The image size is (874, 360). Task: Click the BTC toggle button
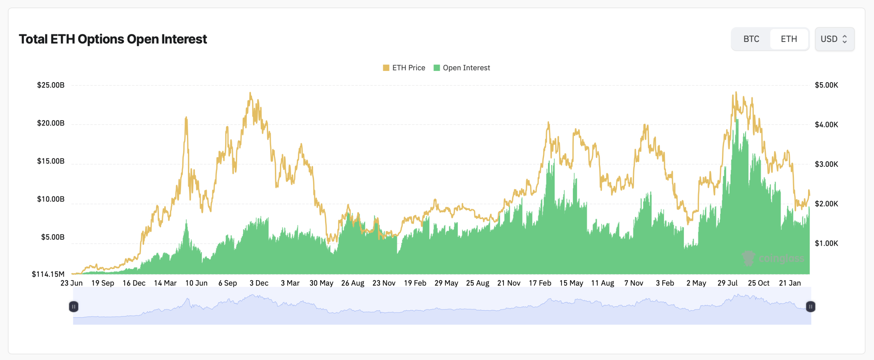(x=751, y=39)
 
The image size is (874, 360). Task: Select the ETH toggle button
(x=789, y=39)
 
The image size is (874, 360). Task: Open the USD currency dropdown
(x=834, y=39)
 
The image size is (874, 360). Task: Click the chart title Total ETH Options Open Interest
(x=113, y=39)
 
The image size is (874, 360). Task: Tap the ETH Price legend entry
(x=404, y=68)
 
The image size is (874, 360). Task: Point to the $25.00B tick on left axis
(x=51, y=85)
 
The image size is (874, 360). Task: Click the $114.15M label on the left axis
(x=48, y=274)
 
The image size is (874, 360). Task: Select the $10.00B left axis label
(x=51, y=199)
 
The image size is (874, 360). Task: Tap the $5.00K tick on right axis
(x=826, y=85)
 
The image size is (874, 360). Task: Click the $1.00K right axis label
(x=826, y=243)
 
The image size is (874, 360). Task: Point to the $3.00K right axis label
(x=826, y=164)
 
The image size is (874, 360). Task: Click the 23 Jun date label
(x=72, y=283)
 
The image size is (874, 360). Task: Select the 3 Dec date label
(x=259, y=283)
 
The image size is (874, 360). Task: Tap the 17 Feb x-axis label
(x=540, y=283)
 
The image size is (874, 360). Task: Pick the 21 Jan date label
(x=790, y=283)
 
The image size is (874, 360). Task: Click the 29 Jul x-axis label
(x=727, y=283)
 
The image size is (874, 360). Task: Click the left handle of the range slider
(x=74, y=306)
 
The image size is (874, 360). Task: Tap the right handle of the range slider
(x=810, y=306)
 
